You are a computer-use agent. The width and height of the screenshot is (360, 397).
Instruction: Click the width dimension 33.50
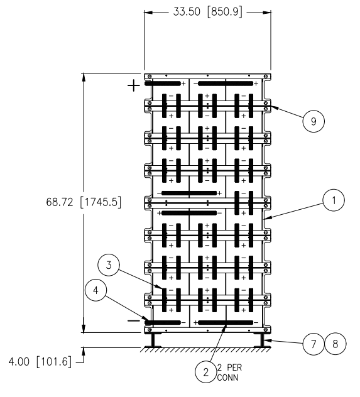point(187,12)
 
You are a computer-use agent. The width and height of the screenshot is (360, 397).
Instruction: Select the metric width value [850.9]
point(224,12)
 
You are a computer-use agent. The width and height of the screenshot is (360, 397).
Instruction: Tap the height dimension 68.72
point(60,202)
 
